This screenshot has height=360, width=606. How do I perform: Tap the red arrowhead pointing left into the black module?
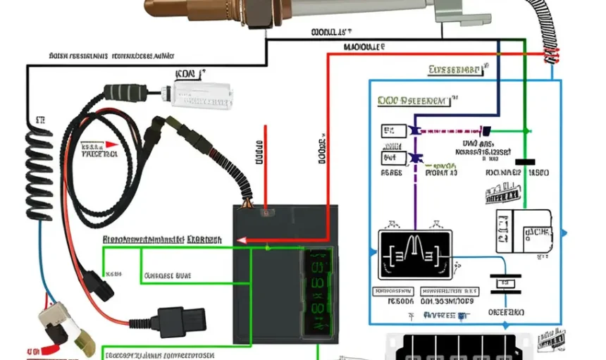click(x=242, y=240)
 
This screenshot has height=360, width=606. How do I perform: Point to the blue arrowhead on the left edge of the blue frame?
click(x=372, y=250)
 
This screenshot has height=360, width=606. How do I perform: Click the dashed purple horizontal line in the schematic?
click(x=451, y=131)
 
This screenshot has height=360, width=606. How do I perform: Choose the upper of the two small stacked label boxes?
click(x=393, y=131)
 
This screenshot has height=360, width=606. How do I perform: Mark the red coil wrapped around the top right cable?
click(x=550, y=57)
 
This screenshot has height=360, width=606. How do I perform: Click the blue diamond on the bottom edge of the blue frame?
click(x=505, y=324)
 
